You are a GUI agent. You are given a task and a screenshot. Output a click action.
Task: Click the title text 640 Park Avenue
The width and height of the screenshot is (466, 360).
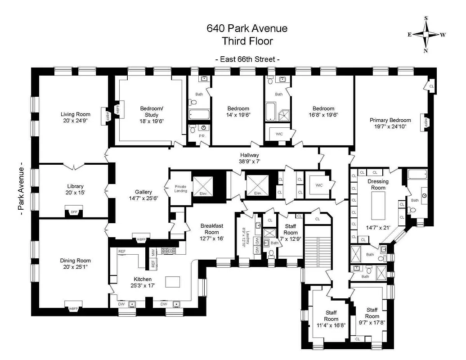click(247, 29)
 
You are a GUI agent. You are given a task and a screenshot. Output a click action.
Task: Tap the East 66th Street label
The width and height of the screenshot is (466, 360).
click(247, 59)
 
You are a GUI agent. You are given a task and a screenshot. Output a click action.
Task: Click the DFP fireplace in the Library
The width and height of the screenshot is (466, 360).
click(73, 211)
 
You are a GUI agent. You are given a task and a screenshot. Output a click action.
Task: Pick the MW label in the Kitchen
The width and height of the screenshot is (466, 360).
click(153, 252)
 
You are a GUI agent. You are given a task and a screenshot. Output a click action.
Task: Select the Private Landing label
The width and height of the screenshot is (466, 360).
click(180, 189)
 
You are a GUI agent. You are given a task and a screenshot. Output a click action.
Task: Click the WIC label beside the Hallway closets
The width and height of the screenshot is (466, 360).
click(319, 185)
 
